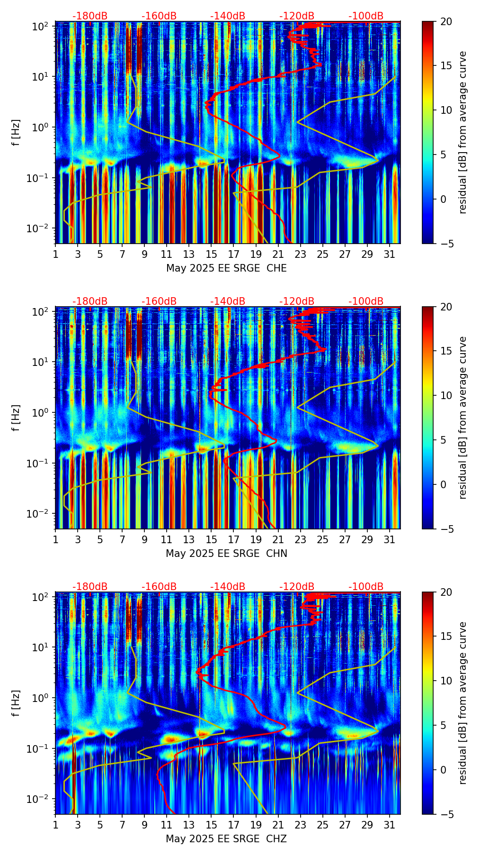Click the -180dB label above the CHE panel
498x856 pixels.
point(90,17)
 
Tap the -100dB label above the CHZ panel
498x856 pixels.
point(366,587)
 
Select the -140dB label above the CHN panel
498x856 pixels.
point(228,301)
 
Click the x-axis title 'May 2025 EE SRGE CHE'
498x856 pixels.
point(226,268)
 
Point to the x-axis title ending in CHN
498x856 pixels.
point(226,554)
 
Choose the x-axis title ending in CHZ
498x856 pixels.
point(226,839)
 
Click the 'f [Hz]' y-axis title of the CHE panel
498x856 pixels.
point(17,132)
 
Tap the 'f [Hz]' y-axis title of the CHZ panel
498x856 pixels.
point(17,703)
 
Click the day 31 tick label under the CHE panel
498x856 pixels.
point(390,254)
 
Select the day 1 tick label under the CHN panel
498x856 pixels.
point(55,539)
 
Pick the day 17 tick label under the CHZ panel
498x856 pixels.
point(233,825)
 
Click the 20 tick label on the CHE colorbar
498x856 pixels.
point(446,21)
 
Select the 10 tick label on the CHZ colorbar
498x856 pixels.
point(446,681)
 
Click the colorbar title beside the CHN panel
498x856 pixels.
point(462,418)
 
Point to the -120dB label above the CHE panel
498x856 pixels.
point(297,17)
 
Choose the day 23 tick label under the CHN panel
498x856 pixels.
point(300,539)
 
